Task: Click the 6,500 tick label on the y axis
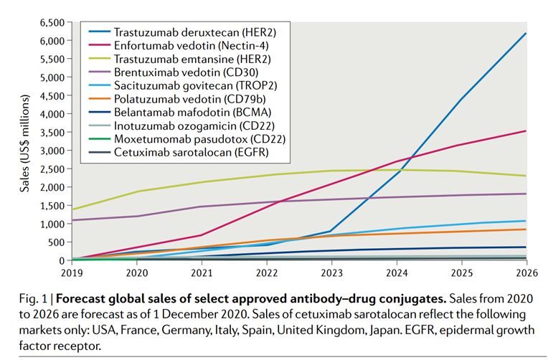pos(54,22)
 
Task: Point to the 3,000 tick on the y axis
pos(54,150)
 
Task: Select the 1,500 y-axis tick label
pos(54,205)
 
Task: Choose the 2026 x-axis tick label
pos(526,273)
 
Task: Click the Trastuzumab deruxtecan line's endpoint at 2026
pos(526,34)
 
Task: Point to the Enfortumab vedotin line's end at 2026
pos(526,131)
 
